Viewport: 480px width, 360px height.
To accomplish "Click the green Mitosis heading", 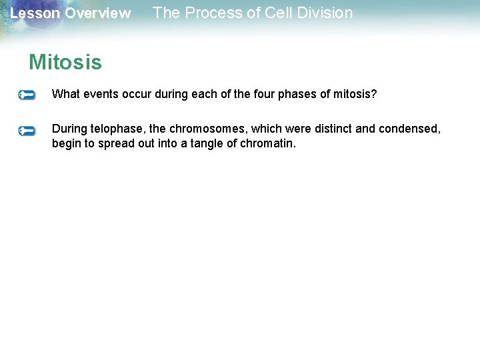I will [x=65, y=63].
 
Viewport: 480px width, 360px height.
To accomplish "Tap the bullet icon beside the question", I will [x=27, y=95].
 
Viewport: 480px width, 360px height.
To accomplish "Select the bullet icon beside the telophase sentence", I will [x=27, y=131].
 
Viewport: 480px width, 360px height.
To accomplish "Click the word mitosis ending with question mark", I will [x=355, y=94].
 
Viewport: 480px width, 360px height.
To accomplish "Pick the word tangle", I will [x=207, y=143].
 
